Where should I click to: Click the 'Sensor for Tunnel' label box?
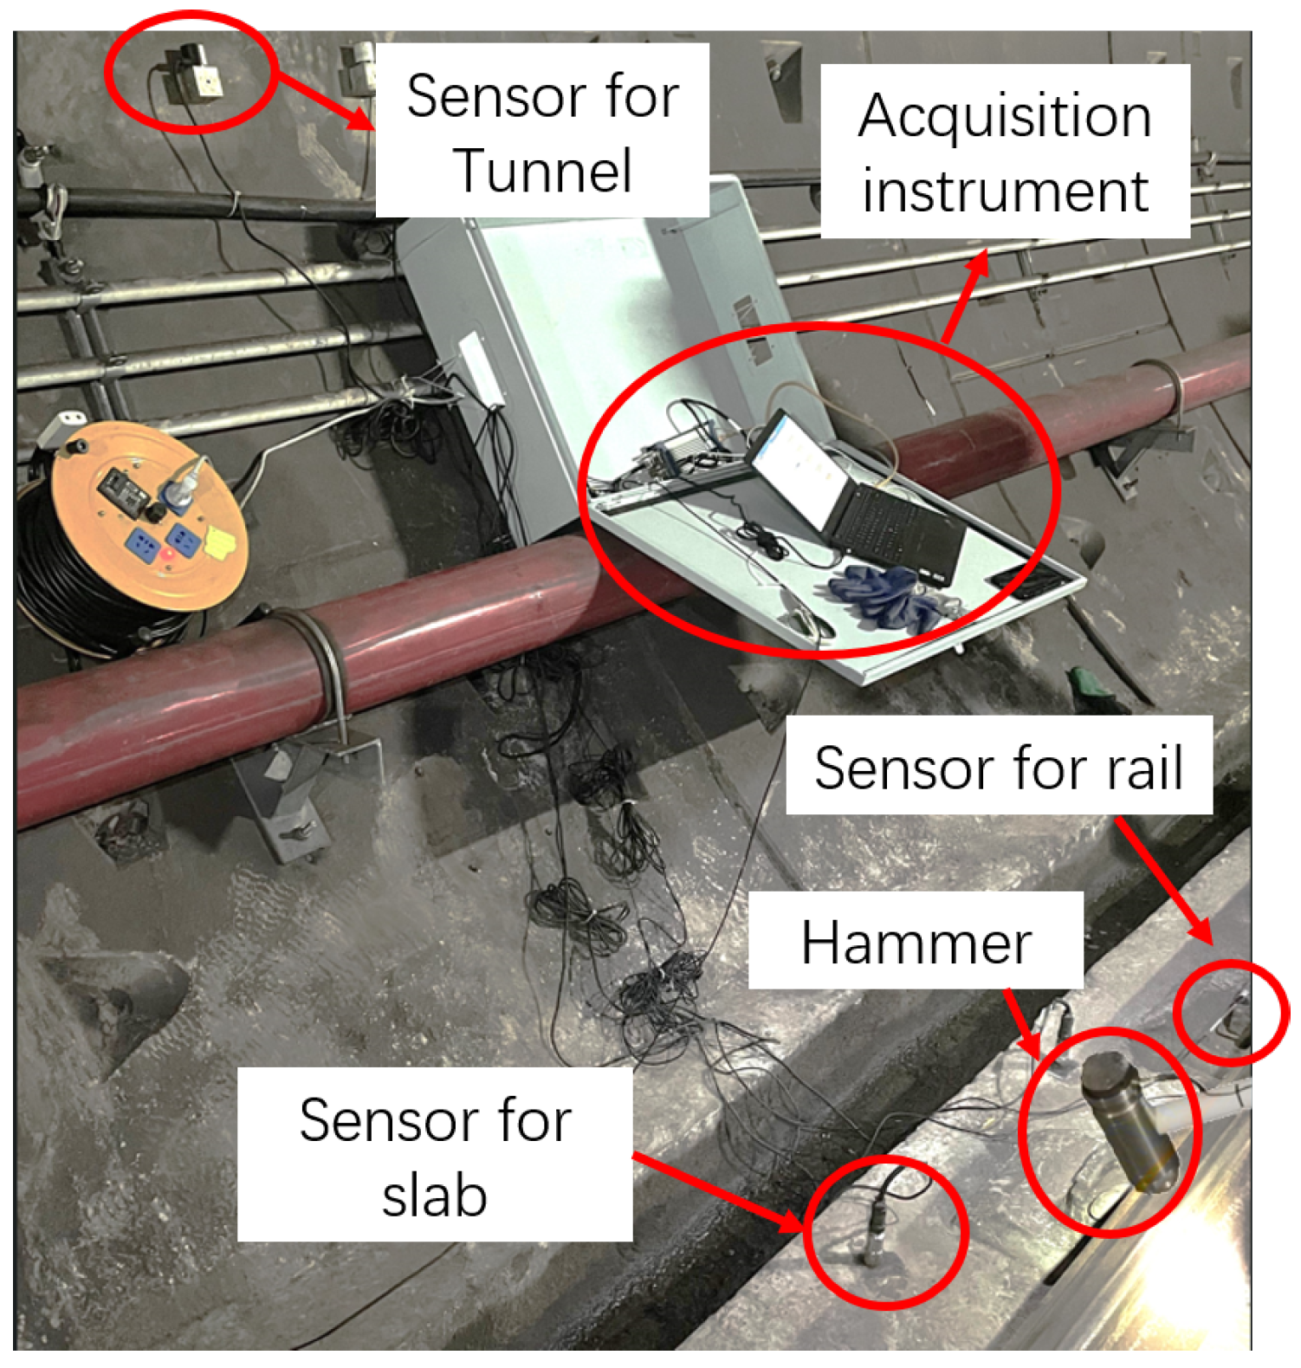542,131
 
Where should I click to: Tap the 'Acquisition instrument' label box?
1005,152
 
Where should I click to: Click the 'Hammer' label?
916,942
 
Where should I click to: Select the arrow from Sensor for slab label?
719,1191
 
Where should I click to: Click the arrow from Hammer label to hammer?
1022,1022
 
